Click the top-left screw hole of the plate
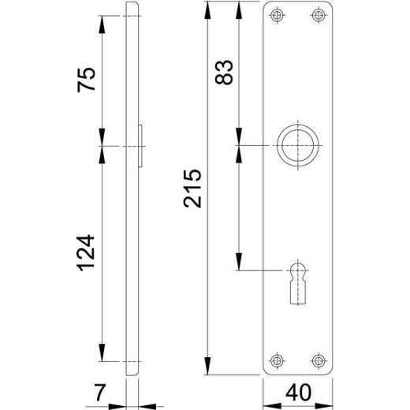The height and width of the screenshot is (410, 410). pos(276,15)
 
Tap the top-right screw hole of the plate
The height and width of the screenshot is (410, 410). pos(318,15)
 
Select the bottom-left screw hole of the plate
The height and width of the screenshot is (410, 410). pos(276,360)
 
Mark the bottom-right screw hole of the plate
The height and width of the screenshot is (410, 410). pos(318,360)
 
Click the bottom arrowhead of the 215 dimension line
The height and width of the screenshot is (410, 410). pos(207,369)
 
